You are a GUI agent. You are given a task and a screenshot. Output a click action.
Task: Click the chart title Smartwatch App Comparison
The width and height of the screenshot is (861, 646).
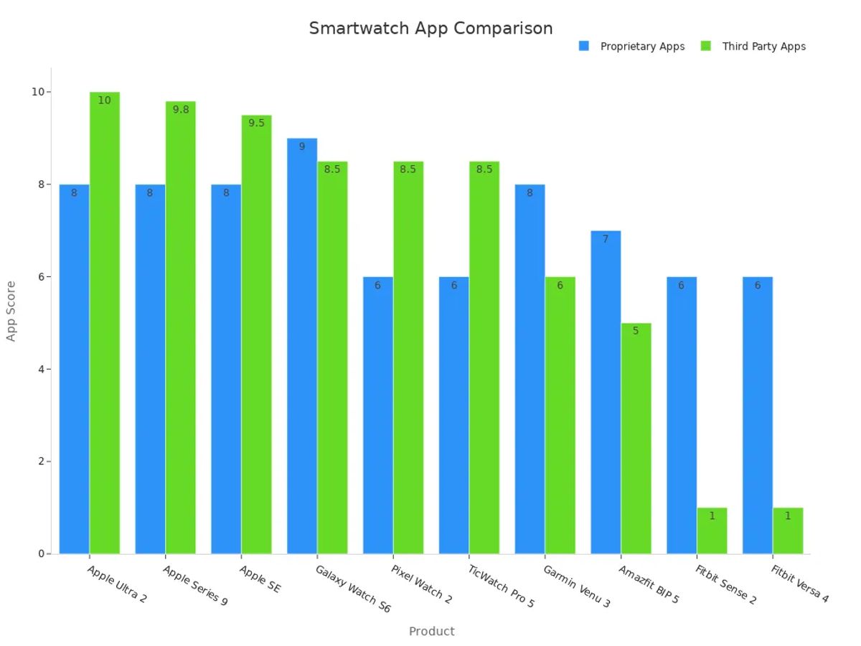430,28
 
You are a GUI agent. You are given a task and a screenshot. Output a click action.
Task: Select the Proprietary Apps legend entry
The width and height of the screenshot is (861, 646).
631,47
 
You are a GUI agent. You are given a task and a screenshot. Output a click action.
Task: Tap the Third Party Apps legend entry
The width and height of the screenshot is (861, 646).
753,47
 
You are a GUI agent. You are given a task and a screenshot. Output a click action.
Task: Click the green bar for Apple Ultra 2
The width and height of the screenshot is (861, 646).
105,323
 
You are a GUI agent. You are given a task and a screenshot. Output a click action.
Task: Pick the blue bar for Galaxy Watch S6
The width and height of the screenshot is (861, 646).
302,345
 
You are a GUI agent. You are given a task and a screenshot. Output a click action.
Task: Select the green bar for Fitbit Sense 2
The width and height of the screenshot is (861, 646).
712,531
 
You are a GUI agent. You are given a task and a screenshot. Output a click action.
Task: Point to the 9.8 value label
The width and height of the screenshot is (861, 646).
181,110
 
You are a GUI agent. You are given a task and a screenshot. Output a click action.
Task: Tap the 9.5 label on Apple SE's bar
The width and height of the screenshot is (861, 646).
256,123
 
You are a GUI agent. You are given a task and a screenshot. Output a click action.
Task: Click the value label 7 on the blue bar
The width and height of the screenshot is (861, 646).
606,239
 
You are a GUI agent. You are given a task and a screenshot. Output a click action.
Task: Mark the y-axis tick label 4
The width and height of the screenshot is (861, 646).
41,369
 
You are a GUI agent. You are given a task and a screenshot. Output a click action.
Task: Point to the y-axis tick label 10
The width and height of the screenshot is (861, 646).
38,92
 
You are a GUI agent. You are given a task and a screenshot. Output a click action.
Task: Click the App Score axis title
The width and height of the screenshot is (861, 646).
11,311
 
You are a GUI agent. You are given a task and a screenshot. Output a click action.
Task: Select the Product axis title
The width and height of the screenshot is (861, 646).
431,632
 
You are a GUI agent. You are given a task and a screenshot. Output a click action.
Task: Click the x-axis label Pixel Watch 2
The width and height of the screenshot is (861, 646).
422,584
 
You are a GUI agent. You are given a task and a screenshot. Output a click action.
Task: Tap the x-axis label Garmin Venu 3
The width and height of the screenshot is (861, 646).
576,586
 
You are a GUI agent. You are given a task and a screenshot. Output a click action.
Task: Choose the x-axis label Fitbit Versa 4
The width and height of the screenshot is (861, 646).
799,584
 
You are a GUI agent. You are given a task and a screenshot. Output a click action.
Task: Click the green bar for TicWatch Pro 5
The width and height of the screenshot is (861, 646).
484,359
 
